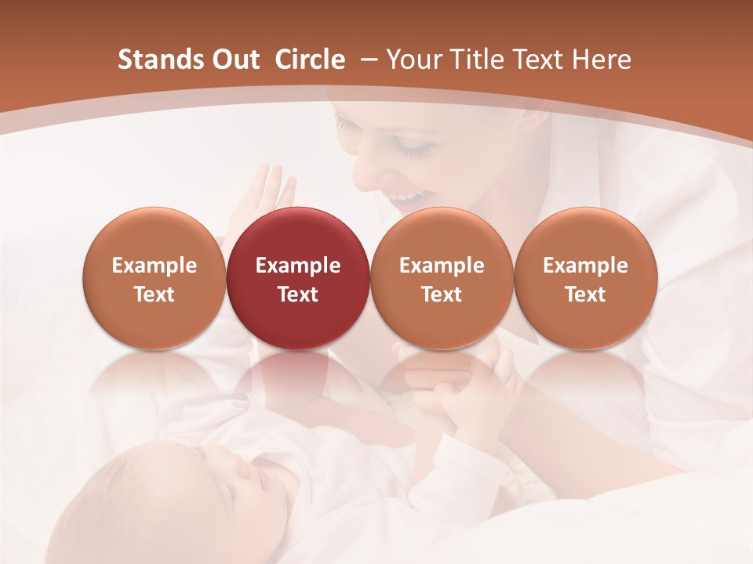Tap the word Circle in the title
point(310,60)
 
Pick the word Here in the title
point(602,60)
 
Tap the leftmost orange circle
point(154,278)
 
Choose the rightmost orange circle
point(585,278)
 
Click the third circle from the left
point(442,278)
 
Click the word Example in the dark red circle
point(297,266)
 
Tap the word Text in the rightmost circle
point(585,295)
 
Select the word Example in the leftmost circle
point(154,266)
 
